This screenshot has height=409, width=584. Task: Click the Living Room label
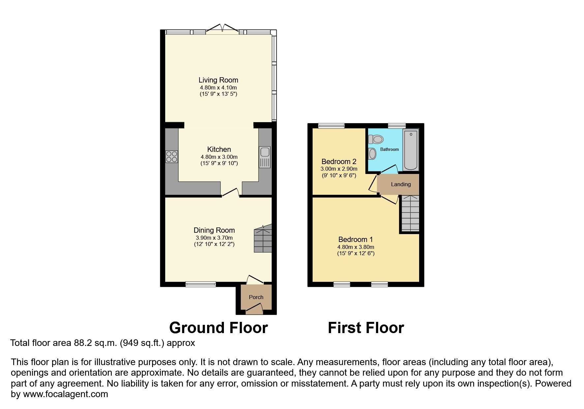[x=218, y=80]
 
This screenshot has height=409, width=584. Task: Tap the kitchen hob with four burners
[x=171, y=156]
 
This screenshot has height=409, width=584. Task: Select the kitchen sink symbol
[x=264, y=157]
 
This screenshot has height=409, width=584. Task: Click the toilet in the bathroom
[x=376, y=139]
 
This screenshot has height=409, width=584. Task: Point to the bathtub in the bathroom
[x=411, y=150]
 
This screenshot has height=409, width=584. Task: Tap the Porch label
[x=256, y=297]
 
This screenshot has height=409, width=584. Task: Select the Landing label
[x=401, y=184]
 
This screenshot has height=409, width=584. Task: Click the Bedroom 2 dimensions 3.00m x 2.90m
[x=339, y=169]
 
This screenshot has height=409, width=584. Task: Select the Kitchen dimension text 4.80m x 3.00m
[x=219, y=157]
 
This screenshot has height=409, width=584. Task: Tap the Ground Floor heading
[x=218, y=328]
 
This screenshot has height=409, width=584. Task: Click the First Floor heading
[x=366, y=328]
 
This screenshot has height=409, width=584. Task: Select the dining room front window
[x=200, y=284]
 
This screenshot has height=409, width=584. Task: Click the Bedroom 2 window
[x=331, y=126]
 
